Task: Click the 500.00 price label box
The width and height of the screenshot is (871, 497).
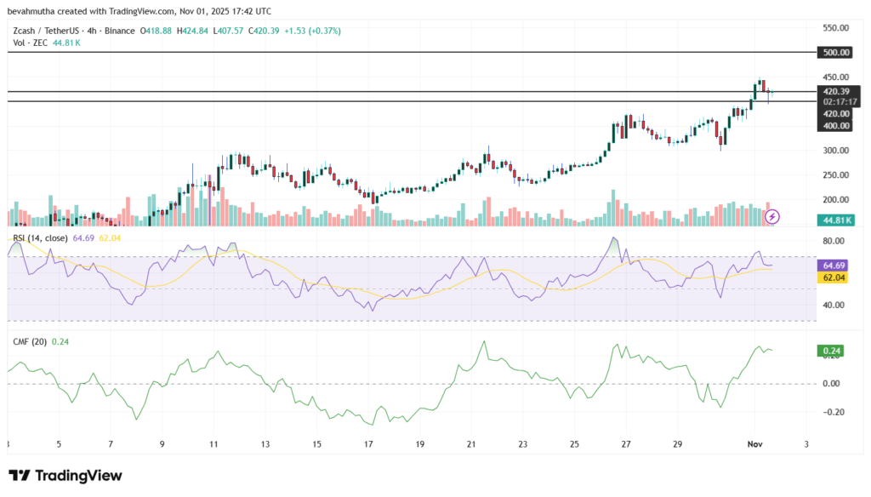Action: [834, 52]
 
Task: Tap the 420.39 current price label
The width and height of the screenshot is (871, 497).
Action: [834, 90]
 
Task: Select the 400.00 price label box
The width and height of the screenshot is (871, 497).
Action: [834, 126]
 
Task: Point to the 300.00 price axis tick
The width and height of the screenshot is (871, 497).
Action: [834, 151]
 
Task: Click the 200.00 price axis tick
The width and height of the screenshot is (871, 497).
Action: [834, 200]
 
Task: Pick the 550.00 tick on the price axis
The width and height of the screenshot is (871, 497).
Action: [834, 28]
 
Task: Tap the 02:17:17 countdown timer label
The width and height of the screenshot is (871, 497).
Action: [834, 101]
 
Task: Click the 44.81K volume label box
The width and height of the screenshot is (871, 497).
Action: [834, 220]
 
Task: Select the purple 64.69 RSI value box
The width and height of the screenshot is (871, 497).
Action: [834, 266]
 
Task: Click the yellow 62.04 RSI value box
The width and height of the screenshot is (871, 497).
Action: [834, 277]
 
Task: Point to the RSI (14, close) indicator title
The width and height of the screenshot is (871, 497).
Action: [42, 237]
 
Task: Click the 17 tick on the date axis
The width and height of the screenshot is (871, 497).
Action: [368, 444]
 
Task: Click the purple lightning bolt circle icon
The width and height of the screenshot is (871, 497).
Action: [772, 216]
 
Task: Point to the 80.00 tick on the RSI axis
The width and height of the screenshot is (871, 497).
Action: [834, 241]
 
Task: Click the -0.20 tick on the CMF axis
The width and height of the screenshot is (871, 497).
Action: [834, 412]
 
